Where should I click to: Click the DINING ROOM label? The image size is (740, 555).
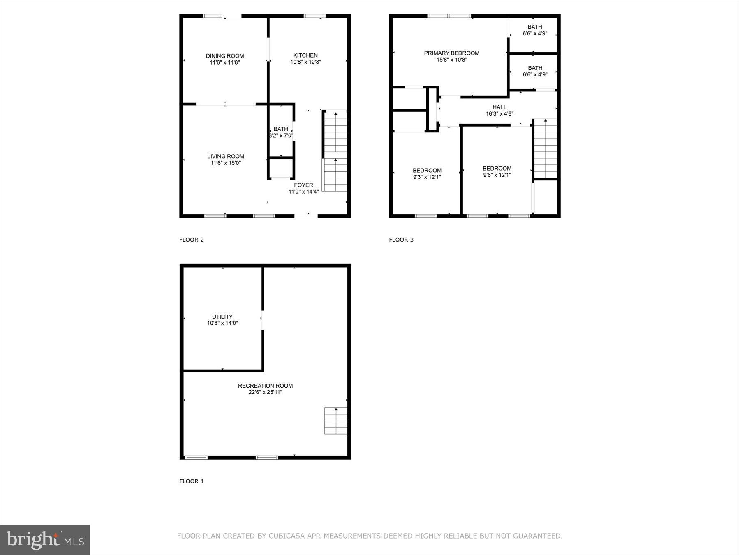tap(225, 56)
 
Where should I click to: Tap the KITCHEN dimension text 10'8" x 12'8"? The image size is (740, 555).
tap(305, 62)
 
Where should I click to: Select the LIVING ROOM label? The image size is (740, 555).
tap(225, 156)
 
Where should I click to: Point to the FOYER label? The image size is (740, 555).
tap(303, 185)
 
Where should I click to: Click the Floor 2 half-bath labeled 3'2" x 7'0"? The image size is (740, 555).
tap(281, 132)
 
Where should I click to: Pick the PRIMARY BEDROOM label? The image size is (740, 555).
tap(451, 53)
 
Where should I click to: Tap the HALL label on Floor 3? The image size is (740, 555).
tap(499, 107)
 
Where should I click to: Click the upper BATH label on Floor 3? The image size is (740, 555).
tap(535, 27)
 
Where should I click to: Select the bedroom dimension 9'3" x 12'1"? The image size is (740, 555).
tap(427, 177)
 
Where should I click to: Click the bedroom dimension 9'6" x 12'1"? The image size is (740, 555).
tap(497, 175)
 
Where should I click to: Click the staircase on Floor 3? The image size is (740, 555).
tap(545, 148)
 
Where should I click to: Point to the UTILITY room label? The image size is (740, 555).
tap(222, 317)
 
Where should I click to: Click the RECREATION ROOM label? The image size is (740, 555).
tap(265, 386)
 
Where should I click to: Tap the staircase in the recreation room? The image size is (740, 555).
tap(336, 421)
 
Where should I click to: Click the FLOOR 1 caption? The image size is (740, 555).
tap(192, 481)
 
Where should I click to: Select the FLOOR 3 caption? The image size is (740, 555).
tap(401, 240)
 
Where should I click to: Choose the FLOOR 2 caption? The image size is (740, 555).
tap(192, 240)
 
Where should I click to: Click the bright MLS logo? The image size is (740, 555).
tap(45, 539)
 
